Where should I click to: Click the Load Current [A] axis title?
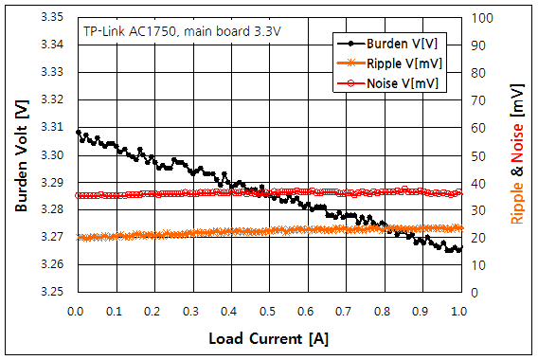[268, 337]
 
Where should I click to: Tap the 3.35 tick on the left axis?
[52, 17]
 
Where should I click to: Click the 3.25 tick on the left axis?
[52, 292]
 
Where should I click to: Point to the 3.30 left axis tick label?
[52, 154]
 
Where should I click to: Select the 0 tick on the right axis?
[473, 292]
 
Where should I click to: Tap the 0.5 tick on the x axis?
[268, 310]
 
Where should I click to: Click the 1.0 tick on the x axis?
[459, 310]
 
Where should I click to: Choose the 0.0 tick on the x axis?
[76, 310]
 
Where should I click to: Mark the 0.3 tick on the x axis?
[191, 310]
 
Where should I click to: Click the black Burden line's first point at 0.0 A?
[78, 133]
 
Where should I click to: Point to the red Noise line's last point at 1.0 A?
[459, 192]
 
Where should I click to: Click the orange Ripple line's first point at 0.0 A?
[78, 237]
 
